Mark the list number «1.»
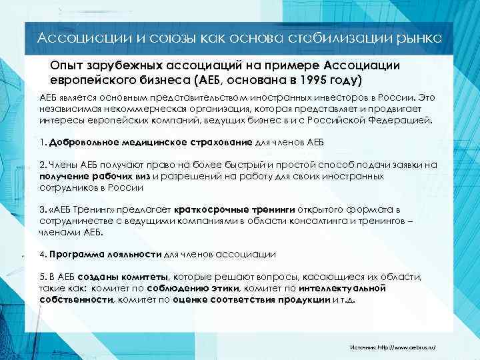[x=43, y=142]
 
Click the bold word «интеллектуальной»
[x=343, y=289]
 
